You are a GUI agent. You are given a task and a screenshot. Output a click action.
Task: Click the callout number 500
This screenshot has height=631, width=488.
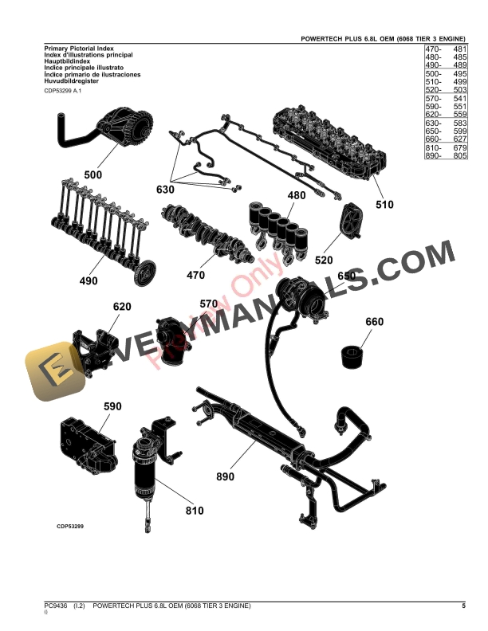(93, 174)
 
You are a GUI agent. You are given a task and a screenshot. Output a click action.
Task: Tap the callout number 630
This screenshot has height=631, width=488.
(165, 190)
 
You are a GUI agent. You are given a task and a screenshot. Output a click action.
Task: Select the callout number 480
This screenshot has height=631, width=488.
(296, 195)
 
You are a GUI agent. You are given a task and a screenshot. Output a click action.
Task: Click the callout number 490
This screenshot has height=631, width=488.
(88, 280)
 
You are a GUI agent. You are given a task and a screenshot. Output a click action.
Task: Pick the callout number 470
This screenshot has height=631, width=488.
(195, 276)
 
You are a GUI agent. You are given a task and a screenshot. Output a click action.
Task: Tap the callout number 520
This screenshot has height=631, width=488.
(325, 260)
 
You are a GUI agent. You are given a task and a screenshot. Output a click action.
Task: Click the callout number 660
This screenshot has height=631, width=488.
(374, 322)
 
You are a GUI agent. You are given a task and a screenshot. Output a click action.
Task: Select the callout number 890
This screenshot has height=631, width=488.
(226, 476)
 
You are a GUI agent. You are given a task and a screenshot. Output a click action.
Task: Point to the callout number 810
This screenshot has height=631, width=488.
(195, 511)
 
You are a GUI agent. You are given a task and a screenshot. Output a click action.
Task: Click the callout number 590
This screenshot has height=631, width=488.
(112, 406)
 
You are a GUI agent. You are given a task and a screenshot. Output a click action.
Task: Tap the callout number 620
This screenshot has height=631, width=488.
(121, 307)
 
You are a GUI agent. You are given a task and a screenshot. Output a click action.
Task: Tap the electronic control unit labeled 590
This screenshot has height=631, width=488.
(84, 441)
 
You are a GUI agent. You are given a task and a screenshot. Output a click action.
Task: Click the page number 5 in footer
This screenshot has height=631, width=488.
(463, 607)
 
